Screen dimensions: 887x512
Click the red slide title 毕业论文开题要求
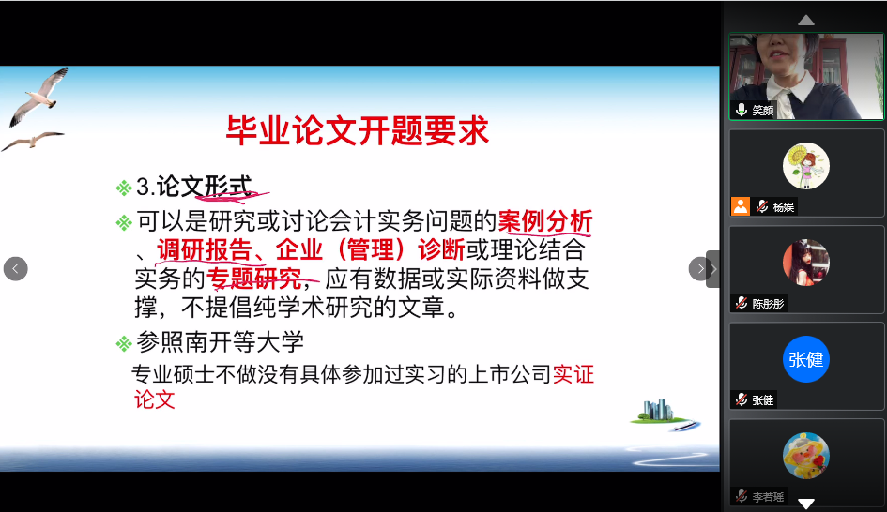click(x=357, y=130)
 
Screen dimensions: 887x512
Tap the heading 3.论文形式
click(x=193, y=187)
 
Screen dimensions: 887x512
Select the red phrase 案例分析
click(x=544, y=221)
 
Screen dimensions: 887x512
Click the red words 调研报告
click(x=205, y=249)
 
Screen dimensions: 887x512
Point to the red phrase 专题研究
click(x=254, y=279)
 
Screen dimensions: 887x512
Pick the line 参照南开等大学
click(x=220, y=342)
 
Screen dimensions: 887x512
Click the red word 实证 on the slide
click(x=573, y=374)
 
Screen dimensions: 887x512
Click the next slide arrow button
click(x=700, y=268)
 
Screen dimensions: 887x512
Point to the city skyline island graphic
click(x=665, y=414)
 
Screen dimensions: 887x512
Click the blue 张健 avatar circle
click(x=805, y=359)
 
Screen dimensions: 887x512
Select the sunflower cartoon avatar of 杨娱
click(x=805, y=166)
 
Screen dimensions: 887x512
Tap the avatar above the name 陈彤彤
click(x=805, y=263)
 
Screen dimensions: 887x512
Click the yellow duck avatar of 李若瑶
click(x=805, y=456)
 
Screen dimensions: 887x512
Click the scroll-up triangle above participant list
click(x=805, y=21)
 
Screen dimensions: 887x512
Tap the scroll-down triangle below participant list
click(x=805, y=503)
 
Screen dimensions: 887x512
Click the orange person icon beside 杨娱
click(x=741, y=206)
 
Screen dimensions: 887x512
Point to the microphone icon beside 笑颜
click(x=742, y=110)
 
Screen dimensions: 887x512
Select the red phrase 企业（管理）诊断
click(x=370, y=249)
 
